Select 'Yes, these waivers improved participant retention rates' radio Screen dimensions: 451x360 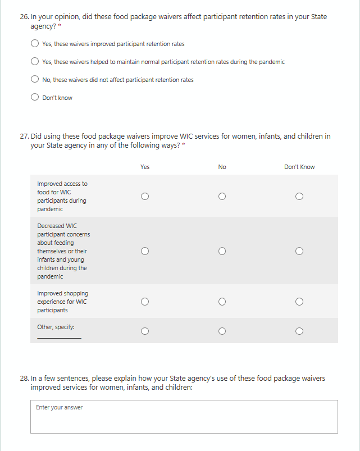tap(35, 44)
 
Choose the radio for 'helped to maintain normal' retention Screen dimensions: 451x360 tap(35, 62)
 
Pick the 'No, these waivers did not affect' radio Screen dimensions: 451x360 tap(35, 80)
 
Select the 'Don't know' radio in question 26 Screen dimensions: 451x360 tap(35, 98)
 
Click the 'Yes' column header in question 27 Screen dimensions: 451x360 tap(145, 167)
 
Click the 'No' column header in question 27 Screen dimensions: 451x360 tap(222, 167)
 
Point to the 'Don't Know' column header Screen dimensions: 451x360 tap(299, 167)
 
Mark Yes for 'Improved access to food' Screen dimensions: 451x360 tap(145, 197)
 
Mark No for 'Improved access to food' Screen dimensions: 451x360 tap(222, 197)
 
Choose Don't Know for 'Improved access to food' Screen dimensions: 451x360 tap(299, 197)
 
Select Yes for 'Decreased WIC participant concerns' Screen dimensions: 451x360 tap(145, 251)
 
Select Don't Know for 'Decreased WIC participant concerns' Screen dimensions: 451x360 tap(299, 251)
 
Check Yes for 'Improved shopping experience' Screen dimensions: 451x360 tap(145, 302)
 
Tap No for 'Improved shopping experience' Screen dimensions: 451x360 tap(222, 302)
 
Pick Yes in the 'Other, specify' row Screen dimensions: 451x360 tap(145, 331)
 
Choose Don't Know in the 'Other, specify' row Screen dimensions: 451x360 tap(299, 331)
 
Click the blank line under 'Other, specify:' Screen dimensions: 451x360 tap(59, 336)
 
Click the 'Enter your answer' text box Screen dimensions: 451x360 tap(184, 416)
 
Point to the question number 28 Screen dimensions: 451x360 tap(24, 379)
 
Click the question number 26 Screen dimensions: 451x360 tap(24, 17)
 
